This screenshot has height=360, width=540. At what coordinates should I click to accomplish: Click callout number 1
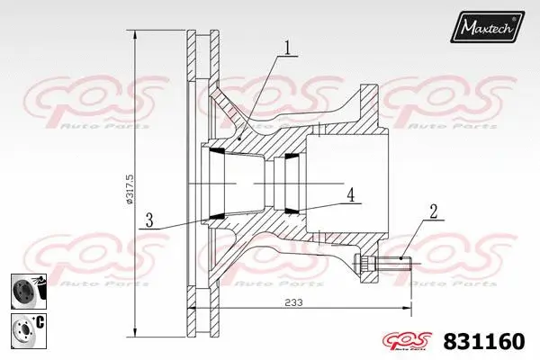point(287,48)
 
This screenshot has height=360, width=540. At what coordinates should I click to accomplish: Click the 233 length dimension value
point(293,304)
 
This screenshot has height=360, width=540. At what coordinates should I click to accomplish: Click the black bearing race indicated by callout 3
point(217,216)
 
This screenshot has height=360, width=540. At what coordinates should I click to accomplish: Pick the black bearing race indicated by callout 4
point(291,211)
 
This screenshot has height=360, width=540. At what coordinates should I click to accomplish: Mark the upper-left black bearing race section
point(217,154)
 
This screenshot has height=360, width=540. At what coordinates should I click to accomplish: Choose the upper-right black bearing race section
point(291,158)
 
